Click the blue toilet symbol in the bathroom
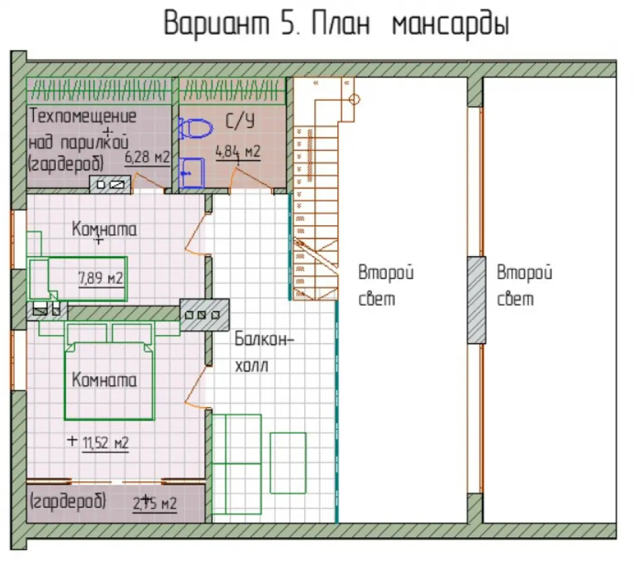point(195,128)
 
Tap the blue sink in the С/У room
point(191,173)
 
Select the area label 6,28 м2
point(147,157)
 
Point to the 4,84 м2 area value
point(237,152)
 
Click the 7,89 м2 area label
point(100,278)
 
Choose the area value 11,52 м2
point(105,443)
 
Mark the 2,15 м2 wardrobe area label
point(155,504)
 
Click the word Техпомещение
point(83,117)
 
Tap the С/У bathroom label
point(239,121)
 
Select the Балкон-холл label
point(264,352)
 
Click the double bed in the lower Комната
point(109,381)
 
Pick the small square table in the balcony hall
point(288,463)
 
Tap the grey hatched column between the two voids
point(476,300)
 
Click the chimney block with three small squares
point(204,315)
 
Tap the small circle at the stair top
point(354,99)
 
